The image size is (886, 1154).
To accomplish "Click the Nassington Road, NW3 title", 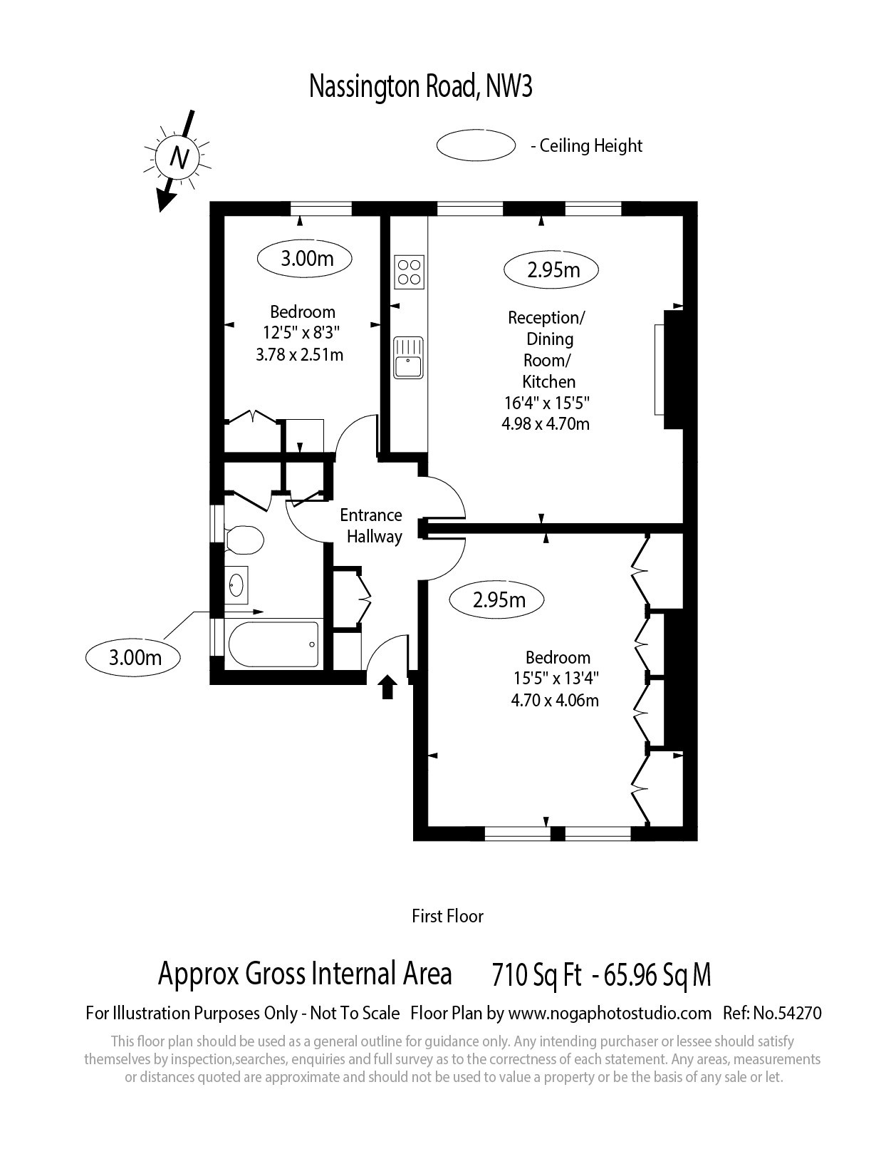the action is pyautogui.click(x=420, y=86).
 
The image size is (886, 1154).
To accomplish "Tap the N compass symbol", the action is pyautogui.click(x=178, y=158).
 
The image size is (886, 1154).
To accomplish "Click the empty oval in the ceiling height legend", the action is pyautogui.click(x=476, y=145).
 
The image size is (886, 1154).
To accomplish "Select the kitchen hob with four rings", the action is pyautogui.click(x=410, y=272).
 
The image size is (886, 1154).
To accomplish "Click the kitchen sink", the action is pyautogui.click(x=409, y=357).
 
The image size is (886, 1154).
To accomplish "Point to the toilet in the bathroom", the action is pyautogui.click(x=244, y=540).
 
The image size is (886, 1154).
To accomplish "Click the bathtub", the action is pyautogui.click(x=273, y=644).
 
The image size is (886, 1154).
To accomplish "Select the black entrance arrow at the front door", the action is pyautogui.click(x=388, y=686).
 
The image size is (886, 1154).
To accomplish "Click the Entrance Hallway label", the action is pyautogui.click(x=371, y=526).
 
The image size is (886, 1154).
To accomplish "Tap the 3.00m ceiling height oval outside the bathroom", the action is pyautogui.click(x=132, y=658).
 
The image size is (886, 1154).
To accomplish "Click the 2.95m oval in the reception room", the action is pyautogui.click(x=551, y=270).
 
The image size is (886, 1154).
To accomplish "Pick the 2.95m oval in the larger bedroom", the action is pyautogui.click(x=496, y=600).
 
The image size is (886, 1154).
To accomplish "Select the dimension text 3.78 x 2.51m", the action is pyautogui.click(x=300, y=355).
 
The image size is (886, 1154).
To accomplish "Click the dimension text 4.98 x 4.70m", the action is pyautogui.click(x=546, y=424).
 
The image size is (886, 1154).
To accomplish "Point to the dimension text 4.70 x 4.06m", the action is pyautogui.click(x=555, y=700).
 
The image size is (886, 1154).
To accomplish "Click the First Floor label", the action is pyautogui.click(x=448, y=916).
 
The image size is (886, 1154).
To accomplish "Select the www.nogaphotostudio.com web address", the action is pyautogui.click(x=610, y=1014).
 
